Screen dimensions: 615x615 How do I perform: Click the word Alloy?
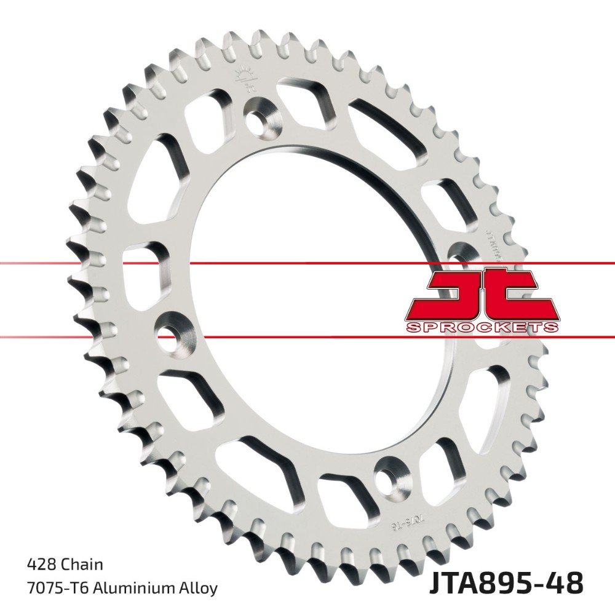tap(198, 588)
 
